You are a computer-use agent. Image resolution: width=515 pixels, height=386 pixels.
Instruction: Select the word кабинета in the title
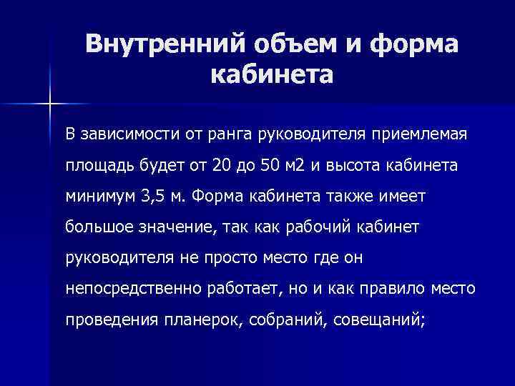point(273,73)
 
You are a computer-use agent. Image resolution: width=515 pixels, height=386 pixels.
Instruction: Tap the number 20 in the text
point(222,166)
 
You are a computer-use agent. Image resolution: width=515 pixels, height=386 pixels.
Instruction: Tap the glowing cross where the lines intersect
point(51,105)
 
